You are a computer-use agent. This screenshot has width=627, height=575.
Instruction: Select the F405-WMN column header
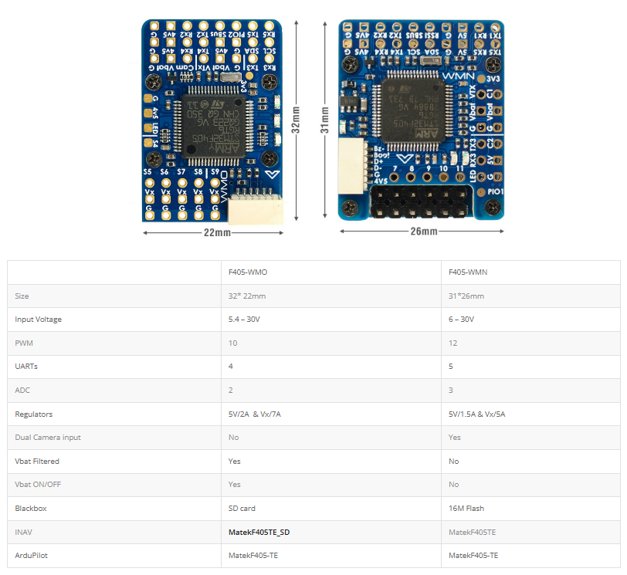click(x=468, y=272)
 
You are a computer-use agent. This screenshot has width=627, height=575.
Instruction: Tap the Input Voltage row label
click(x=39, y=320)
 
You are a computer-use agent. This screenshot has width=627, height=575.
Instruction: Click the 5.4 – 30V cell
click(x=245, y=320)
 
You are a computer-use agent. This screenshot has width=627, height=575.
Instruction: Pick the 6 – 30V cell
click(x=462, y=320)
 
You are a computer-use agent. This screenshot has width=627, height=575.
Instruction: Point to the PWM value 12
click(x=453, y=343)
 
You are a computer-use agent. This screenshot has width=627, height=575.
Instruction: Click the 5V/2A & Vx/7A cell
click(x=255, y=414)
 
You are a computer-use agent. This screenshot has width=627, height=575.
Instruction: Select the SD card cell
click(x=242, y=508)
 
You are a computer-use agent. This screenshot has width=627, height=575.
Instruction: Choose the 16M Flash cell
click(x=466, y=508)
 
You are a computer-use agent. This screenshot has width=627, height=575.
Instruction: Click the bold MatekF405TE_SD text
click(x=259, y=532)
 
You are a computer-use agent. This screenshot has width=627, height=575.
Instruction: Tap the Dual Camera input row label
click(x=48, y=438)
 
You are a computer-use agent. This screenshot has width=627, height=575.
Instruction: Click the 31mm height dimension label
click(x=325, y=120)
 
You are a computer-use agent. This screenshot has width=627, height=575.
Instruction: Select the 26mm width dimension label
click(x=423, y=232)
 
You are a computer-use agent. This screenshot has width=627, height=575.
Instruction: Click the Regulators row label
click(x=34, y=414)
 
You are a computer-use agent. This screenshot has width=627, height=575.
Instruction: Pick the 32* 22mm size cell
click(x=246, y=296)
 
